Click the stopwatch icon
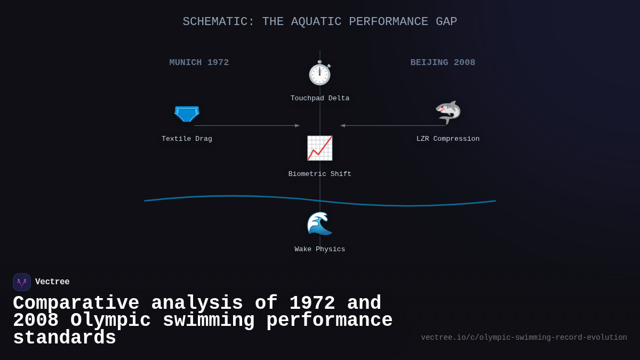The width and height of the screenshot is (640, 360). coord(319,73)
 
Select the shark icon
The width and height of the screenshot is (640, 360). coord(448,112)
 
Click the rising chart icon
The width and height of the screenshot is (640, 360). coord(319,148)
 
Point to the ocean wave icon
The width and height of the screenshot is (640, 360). coord(319,223)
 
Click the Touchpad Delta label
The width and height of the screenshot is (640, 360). coord(320,99)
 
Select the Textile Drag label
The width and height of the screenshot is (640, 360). coord(187,139)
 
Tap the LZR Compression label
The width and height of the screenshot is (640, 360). coord(448,139)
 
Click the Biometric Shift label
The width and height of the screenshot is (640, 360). coord(320,174)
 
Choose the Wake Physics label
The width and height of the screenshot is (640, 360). coord(320,250)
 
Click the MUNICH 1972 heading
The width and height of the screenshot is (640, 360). coord(199,62)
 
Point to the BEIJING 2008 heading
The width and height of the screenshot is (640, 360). coord(443,62)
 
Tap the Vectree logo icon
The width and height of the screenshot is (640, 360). coord(22,282)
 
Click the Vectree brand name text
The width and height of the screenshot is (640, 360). coord(52,282)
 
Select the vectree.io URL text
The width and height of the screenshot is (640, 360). coord(524,338)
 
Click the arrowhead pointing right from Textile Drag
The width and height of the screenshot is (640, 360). coord(297,126)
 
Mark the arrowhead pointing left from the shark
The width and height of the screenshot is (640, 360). coord(343,126)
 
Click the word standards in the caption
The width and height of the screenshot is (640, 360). coord(65,339)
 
